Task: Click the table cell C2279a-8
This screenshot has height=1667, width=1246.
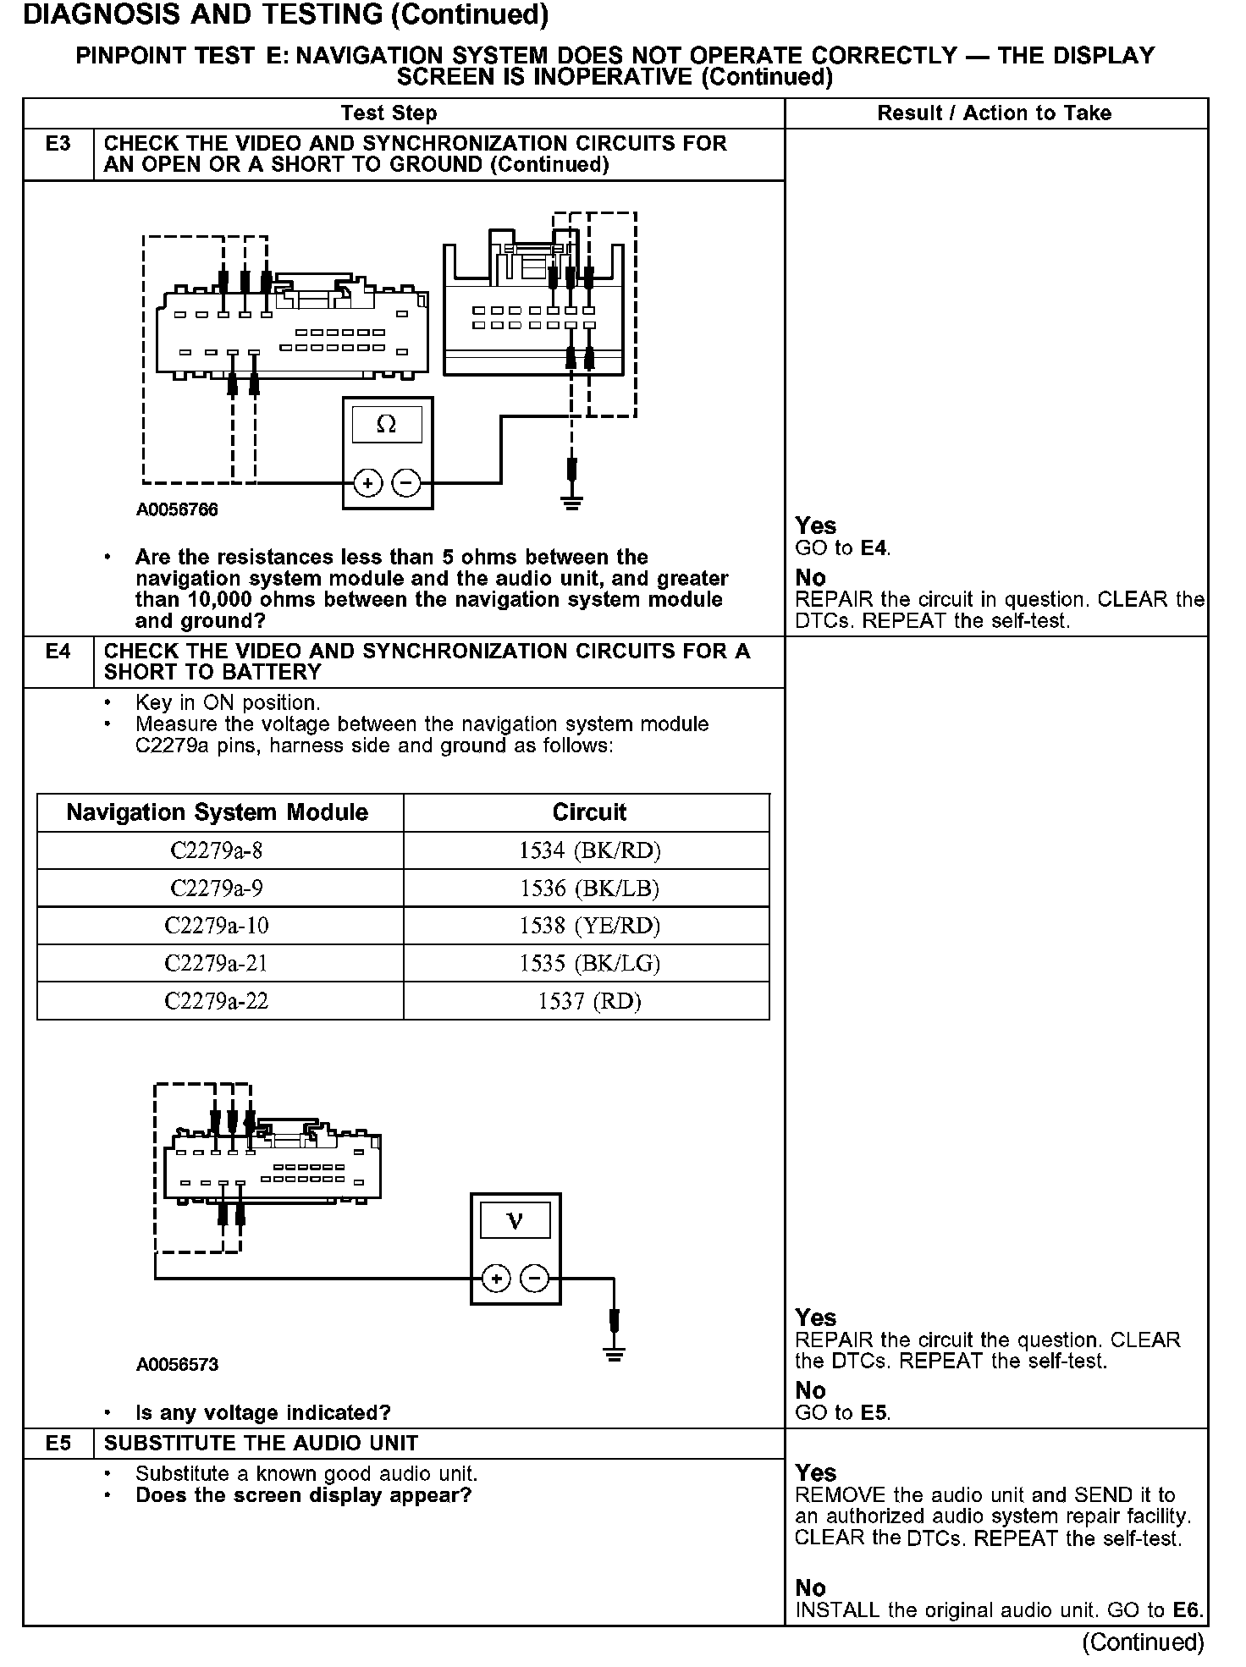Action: tap(220, 850)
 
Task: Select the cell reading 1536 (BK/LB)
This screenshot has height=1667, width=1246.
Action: tap(589, 889)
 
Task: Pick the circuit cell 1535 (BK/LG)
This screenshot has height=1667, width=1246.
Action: tap(589, 963)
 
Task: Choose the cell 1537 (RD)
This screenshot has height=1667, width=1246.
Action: tap(589, 1001)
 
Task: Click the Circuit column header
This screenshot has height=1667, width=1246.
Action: tap(589, 812)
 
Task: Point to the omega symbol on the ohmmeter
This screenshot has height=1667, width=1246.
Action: tap(387, 425)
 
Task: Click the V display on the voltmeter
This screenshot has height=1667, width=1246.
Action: tap(515, 1221)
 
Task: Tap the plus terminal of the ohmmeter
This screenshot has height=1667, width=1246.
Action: tap(367, 483)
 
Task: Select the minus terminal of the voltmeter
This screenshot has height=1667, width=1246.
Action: tap(534, 1279)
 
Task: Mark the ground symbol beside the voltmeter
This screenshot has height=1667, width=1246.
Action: tap(615, 1355)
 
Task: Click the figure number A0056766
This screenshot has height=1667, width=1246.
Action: tap(177, 510)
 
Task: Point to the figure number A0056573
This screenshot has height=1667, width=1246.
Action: tap(177, 1365)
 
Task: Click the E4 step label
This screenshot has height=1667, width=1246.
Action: tap(58, 652)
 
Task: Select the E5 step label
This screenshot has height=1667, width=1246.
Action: tap(58, 1444)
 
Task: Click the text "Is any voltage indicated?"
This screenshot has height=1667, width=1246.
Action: tap(262, 1412)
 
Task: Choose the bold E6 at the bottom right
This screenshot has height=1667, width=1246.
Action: tap(1187, 1610)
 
